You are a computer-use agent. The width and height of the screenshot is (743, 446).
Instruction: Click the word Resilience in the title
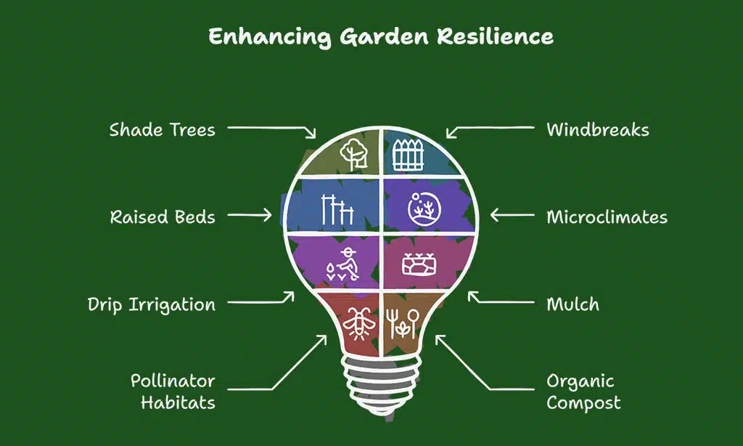495,36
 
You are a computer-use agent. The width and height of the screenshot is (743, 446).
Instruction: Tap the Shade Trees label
162,129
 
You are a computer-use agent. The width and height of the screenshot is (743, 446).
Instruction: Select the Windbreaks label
598,129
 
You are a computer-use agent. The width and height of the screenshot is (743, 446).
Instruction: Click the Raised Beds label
163,217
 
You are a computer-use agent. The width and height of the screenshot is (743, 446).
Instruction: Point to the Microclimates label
607,217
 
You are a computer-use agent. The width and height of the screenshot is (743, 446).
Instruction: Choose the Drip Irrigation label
152,304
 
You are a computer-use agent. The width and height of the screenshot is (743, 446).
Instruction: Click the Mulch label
573,304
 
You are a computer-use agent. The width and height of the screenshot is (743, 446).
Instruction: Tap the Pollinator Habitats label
173,392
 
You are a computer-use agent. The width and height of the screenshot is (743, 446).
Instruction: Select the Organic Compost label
583,392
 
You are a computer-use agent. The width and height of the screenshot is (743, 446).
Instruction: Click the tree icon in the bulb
354,153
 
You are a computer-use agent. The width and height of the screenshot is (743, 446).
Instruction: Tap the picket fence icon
409,155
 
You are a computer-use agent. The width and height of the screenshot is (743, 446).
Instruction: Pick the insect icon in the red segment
358,323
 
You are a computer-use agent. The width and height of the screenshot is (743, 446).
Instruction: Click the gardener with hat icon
342,264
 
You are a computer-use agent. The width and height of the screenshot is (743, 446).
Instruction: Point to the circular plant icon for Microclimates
424,208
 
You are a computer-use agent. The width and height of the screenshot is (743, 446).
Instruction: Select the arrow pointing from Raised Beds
250,216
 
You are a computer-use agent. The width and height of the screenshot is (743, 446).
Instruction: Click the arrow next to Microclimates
512,216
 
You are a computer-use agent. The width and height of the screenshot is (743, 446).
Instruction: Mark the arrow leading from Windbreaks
490,131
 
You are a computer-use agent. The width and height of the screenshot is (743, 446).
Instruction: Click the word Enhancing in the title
270,37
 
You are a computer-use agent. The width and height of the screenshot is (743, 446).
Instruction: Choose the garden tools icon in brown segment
403,323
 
